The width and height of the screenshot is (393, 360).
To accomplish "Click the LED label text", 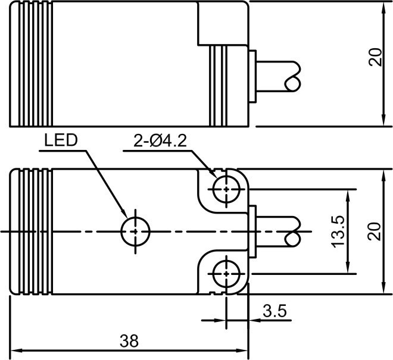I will click(61, 140).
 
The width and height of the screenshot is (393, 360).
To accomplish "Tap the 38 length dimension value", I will click(129, 341).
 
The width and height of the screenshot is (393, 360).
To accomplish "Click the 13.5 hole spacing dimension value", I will click(338, 231).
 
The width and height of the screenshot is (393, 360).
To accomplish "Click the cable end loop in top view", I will click(294, 84).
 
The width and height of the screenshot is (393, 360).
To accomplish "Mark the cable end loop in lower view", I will click(294, 239).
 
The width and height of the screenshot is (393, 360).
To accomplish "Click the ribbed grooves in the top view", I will click(33, 64).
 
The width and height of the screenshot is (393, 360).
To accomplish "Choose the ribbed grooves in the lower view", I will click(33, 231).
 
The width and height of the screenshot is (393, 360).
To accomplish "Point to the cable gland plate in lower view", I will click(252, 231).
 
